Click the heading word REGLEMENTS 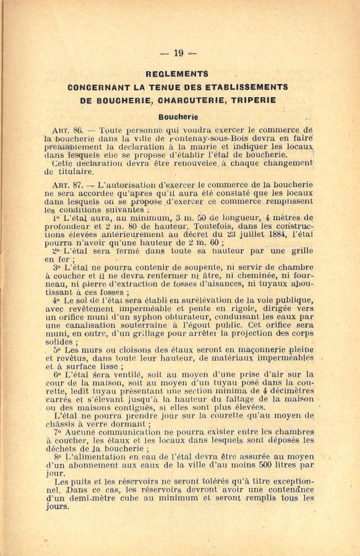(176, 74)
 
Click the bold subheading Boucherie (178, 116)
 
